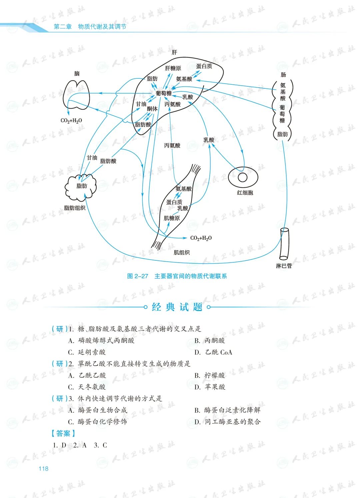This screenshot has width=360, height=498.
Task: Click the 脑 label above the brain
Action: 77,73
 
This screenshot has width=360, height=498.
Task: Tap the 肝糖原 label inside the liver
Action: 173,68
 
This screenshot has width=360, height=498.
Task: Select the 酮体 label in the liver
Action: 152,109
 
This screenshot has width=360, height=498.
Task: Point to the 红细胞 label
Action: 245,193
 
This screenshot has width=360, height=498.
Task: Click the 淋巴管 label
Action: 284,266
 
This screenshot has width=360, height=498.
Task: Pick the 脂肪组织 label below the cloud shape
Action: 75,208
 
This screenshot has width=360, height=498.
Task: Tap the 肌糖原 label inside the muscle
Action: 172,218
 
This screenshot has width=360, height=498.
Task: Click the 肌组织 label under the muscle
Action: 182,252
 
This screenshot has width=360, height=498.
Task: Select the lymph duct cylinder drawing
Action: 284,244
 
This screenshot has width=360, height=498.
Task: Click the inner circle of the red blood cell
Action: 243,177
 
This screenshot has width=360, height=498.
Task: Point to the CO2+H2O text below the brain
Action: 71,121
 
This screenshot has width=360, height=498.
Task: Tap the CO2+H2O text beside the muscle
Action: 201,238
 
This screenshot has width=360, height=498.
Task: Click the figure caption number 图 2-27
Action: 138,276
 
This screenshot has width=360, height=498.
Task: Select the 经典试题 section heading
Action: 177,307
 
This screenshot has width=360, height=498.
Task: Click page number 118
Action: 43,469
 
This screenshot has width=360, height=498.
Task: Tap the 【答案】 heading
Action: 63,433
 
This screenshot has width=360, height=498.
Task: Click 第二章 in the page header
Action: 63,27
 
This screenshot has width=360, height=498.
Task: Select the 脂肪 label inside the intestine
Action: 282,134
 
